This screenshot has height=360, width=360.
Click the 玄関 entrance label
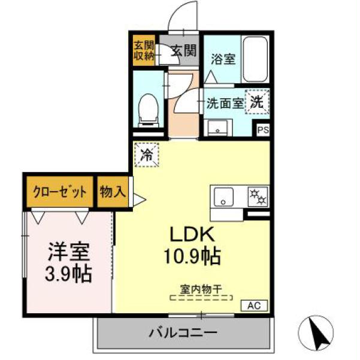[x=182, y=50]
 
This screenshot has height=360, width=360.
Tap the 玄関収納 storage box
[x=143, y=50]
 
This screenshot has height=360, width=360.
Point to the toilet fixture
[x=148, y=110]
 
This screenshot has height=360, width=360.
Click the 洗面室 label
[x=225, y=102]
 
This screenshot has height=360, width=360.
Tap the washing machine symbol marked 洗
[x=258, y=101]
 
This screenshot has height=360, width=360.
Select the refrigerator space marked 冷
[x=147, y=155]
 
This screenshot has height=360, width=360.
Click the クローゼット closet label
[x=59, y=192]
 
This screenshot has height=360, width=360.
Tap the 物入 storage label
[x=113, y=192]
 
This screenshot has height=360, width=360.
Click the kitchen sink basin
[x=225, y=196]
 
